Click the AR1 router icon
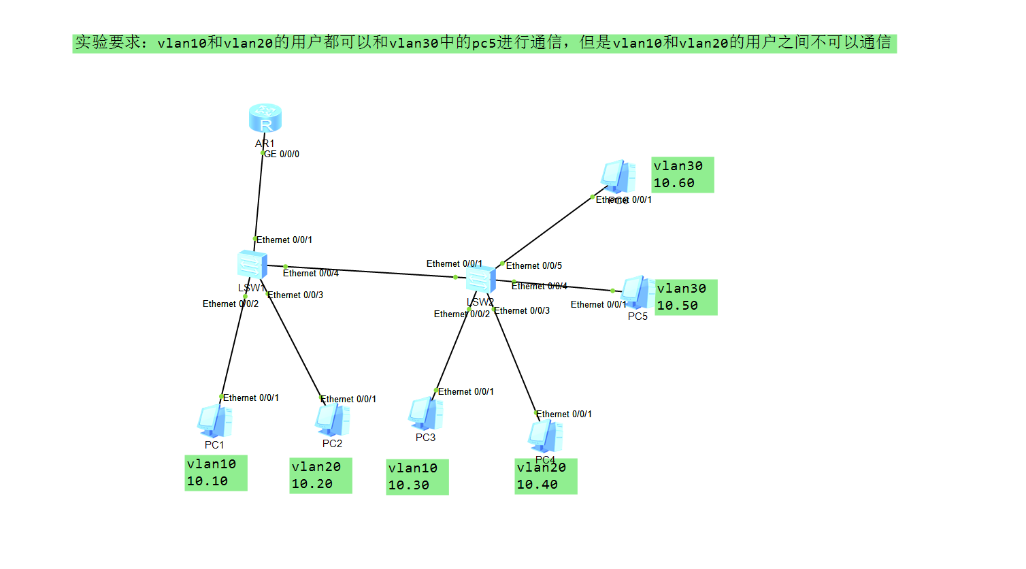pos(265,118)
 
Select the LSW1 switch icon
pos(252,265)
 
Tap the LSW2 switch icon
pos(481,280)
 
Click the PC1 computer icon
pos(215,421)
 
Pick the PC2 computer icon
pos(332,420)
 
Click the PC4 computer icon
pos(545,436)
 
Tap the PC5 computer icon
pos(638,292)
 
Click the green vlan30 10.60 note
pos(682,174)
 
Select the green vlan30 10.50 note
pos(686,297)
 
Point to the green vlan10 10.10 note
pos(216,472)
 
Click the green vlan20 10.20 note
pos(320,475)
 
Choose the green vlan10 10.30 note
pos(417,476)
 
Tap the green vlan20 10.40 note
pos(546,476)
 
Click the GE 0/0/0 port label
pos(282,155)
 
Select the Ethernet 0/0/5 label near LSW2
pos(534,266)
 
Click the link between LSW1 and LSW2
pos(367,272)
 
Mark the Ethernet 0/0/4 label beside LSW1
pos(310,274)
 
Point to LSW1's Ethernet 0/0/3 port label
pos(295,295)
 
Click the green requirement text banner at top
pos(484,43)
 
